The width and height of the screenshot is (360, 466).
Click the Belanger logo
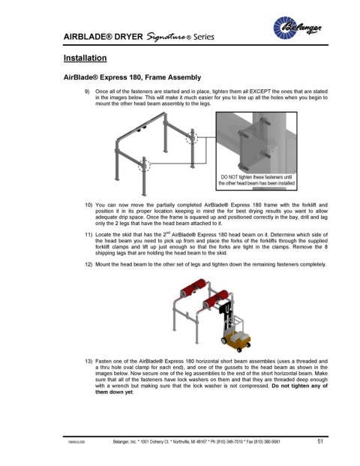coord(297,28)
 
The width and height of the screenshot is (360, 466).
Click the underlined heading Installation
coord(85,58)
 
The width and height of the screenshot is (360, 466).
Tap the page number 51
coord(320,441)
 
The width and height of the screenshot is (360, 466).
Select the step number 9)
coord(87,92)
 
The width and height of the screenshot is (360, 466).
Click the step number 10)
coord(88,205)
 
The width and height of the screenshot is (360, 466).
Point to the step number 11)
coord(88,235)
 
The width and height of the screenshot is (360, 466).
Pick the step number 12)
coord(88,264)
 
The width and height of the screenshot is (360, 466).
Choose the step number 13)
coord(88,362)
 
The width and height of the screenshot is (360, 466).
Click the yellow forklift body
coord(236,340)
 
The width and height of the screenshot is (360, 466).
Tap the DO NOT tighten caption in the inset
coord(256,180)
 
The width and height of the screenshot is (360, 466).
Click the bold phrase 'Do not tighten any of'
coord(300,386)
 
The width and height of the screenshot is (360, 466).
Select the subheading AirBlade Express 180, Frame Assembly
coord(132,77)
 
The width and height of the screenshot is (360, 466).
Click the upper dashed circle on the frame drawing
coord(191,138)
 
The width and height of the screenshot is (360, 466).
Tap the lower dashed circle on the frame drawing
coord(144,165)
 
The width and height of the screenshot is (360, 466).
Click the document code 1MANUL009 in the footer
coord(76,442)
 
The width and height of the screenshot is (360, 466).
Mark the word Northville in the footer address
coord(175,442)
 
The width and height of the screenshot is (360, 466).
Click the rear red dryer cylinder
coord(193,287)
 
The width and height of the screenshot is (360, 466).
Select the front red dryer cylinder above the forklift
coord(216,299)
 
